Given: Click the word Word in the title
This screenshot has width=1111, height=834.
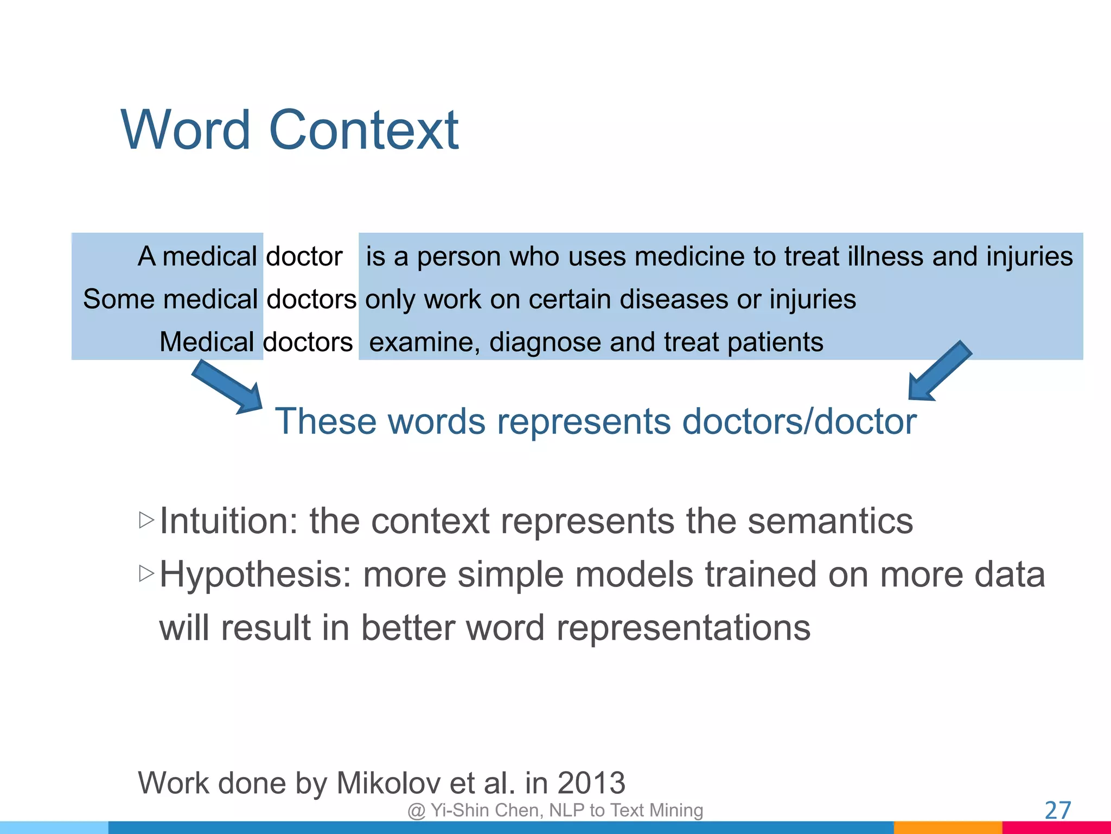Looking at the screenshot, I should point(186,130).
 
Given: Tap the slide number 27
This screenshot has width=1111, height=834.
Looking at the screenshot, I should point(1057,810).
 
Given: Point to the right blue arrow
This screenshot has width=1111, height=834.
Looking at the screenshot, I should point(940,372).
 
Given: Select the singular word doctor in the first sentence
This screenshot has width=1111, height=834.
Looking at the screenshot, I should point(304,256).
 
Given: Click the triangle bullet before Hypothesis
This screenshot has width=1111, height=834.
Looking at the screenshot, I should point(146,573).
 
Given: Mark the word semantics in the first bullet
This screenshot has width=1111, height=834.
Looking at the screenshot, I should point(830,521).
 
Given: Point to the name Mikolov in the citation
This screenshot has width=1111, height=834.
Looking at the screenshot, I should point(388,783).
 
